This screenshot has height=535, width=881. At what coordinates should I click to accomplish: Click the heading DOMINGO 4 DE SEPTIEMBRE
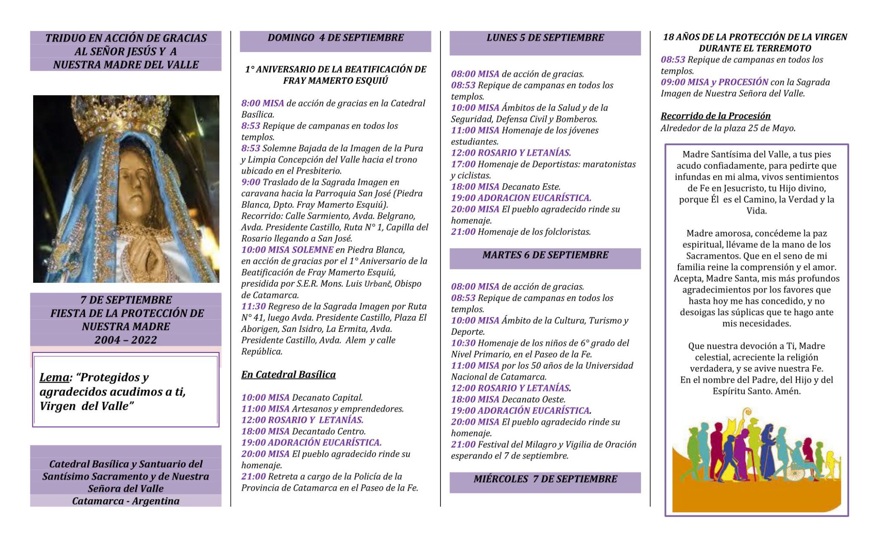335,38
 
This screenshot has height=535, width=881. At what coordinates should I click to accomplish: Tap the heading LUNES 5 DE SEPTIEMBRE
545,38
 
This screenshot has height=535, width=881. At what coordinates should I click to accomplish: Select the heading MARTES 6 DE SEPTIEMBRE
545,255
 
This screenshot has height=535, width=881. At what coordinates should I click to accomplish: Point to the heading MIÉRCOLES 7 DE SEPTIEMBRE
545,479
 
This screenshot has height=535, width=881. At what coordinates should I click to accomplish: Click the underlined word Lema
54,377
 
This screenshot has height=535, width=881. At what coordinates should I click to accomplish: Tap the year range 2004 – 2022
126,340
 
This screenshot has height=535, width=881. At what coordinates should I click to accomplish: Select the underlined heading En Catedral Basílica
288,375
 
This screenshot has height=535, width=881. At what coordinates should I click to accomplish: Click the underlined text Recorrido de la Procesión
715,116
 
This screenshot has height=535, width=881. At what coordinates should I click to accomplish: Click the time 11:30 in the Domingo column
253,306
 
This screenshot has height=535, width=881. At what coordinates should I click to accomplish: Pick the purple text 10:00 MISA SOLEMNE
287,250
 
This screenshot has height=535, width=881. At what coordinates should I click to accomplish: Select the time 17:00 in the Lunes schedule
463,164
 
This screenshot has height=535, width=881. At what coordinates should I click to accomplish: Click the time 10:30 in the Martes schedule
463,343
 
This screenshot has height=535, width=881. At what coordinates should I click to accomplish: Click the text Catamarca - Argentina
126,501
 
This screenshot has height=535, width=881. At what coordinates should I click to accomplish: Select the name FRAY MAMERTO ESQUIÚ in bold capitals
335,81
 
